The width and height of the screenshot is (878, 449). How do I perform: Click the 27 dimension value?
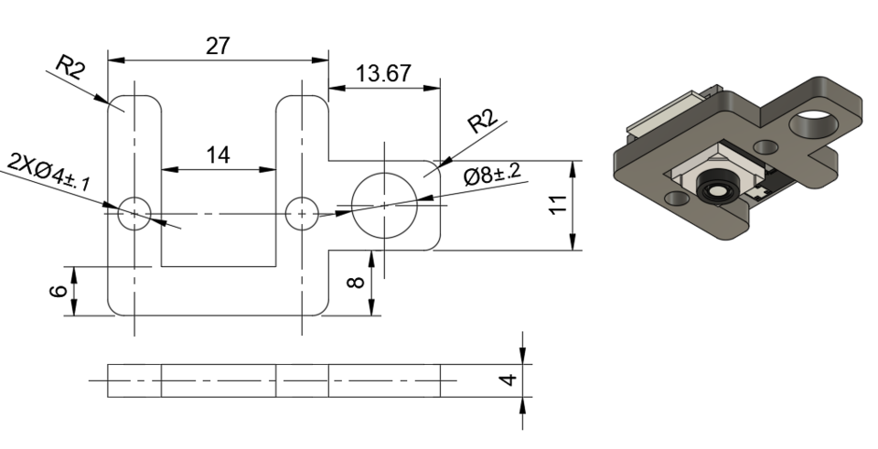(218, 47)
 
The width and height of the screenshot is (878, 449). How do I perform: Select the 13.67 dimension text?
(383, 74)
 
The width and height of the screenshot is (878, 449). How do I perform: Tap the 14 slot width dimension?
(218, 155)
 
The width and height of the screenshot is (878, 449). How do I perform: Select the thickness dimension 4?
(510, 378)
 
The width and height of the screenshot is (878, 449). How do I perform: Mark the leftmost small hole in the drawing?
(134, 212)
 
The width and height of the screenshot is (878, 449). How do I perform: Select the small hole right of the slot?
(301, 212)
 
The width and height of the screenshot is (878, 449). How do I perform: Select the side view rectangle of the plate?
(274, 380)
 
